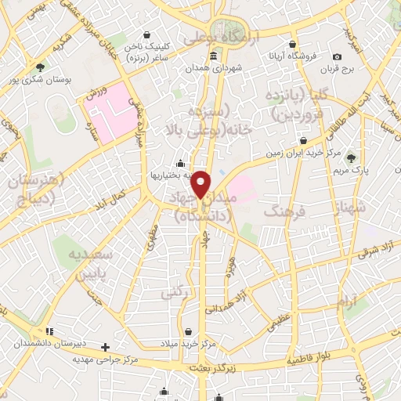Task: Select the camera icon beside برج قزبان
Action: (x=337, y=56)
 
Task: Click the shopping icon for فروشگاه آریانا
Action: (x=292, y=45)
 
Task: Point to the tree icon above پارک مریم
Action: (x=350, y=157)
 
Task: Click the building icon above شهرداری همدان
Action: (x=214, y=55)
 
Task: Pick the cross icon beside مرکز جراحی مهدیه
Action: (x=107, y=346)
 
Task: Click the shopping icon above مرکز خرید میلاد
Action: (x=188, y=331)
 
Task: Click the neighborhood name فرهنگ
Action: (x=283, y=211)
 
